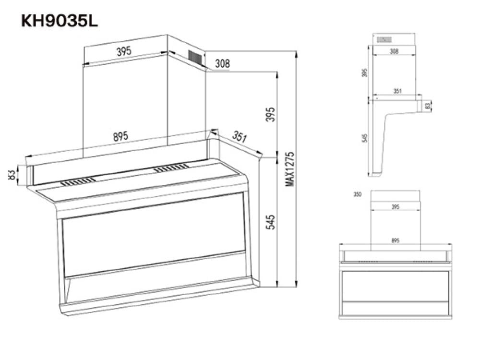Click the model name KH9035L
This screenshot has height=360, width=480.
pyautogui.click(x=60, y=21)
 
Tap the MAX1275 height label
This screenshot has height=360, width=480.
pyautogui.click(x=289, y=168)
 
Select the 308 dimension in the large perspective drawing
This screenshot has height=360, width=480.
pyautogui.click(x=222, y=63)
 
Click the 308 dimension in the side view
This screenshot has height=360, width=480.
pyautogui.click(x=394, y=51)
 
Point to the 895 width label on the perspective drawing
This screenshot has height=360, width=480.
pyautogui.click(x=120, y=136)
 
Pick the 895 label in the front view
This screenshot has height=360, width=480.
pyautogui.click(x=396, y=240)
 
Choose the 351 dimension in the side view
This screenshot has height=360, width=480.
pyautogui.click(x=397, y=91)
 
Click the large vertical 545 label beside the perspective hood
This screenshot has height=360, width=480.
pyautogui.click(x=271, y=222)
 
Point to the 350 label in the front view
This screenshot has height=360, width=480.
pyautogui.click(x=357, y=194)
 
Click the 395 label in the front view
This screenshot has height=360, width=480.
pyautogui.click(x=396, y=207)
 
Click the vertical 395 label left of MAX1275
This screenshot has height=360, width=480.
pyautogui.click(x=271, y=114)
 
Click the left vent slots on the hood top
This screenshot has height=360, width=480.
pyautogui.click(x=78, y=181)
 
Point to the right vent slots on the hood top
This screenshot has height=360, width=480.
pyautogui.click(x=171, y=168)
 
